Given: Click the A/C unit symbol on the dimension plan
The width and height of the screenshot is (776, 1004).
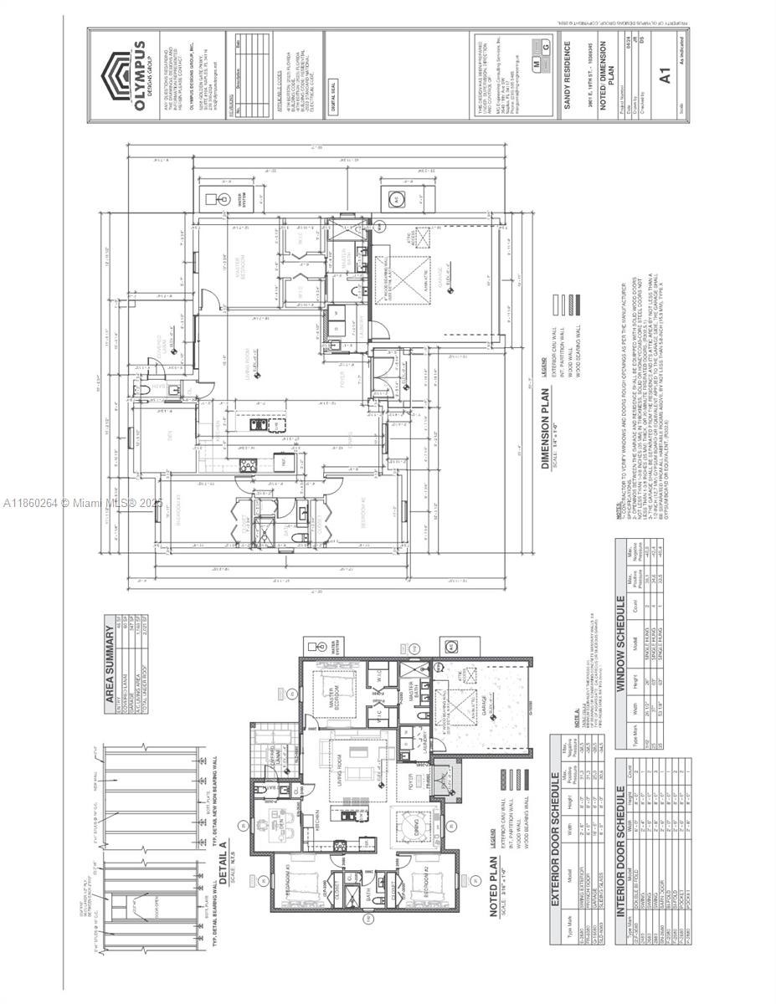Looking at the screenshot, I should point(396,199).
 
